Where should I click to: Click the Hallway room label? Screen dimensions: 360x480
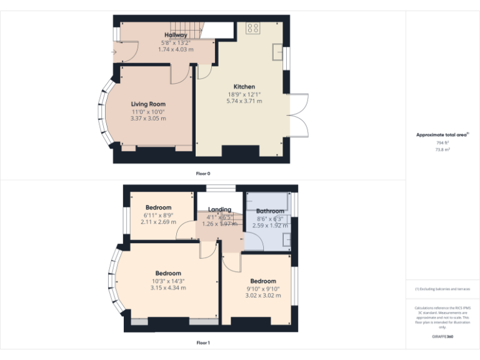point(176,35)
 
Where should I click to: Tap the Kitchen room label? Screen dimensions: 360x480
point(244,87)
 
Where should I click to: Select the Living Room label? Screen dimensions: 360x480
point(148,104)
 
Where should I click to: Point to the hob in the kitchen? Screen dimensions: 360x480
point(253,28)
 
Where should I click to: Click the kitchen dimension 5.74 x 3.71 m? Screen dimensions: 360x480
point(244,101)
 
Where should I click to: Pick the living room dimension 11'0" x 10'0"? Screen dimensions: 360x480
point(148,111)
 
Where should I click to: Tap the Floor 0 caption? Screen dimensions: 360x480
point(203,172)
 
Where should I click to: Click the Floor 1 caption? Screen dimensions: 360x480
point(203,342)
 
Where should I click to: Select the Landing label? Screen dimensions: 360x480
point(219,209)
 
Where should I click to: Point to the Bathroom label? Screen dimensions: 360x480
point(270,211)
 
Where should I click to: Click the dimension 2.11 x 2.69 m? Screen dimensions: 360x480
point(158,222)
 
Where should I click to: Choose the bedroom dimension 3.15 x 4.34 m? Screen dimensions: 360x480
point(168,287)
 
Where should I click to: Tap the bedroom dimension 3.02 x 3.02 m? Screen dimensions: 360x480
point(263,296)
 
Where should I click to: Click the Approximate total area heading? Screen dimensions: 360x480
point(442,135)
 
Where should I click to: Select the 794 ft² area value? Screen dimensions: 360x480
point(442,143)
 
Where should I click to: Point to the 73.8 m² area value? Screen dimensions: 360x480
point(442,150)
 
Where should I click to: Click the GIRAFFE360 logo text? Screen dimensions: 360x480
point(442,336)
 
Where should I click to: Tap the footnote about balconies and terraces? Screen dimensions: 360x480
point(442,289)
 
